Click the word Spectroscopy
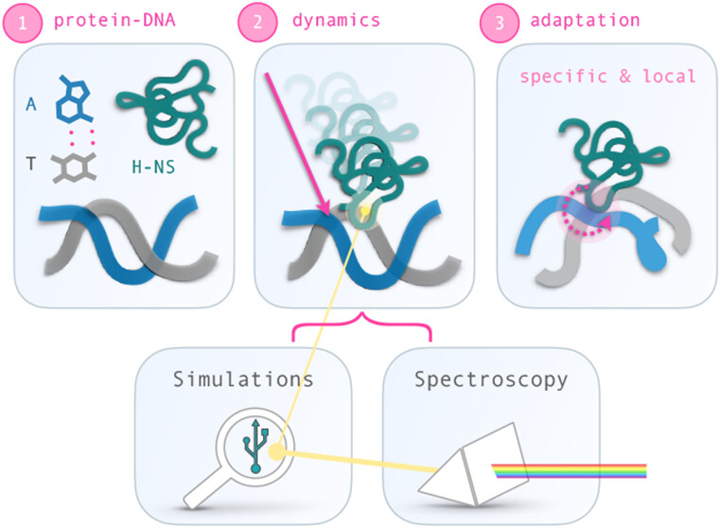coord(491,380)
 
